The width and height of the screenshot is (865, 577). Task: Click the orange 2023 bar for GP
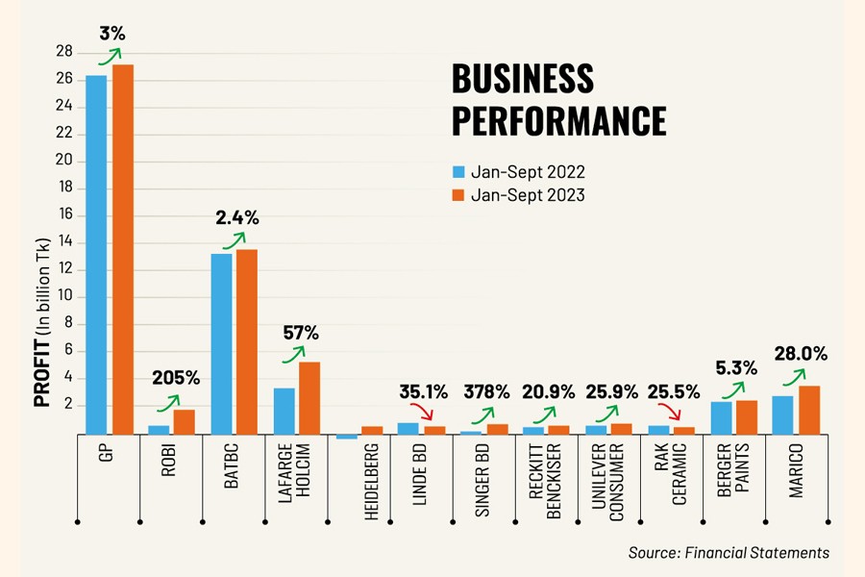123,250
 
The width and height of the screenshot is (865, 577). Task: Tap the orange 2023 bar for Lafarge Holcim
309,398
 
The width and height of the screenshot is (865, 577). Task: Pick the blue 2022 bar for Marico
782,415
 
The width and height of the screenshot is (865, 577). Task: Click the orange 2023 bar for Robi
185,422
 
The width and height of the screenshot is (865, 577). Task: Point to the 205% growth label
176,376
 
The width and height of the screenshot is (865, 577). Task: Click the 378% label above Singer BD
487,391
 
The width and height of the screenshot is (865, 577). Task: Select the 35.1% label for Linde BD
424,391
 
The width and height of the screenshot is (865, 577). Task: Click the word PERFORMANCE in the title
558,121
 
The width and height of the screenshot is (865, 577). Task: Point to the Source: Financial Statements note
728,552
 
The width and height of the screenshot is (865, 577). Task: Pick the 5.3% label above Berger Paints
737,367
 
